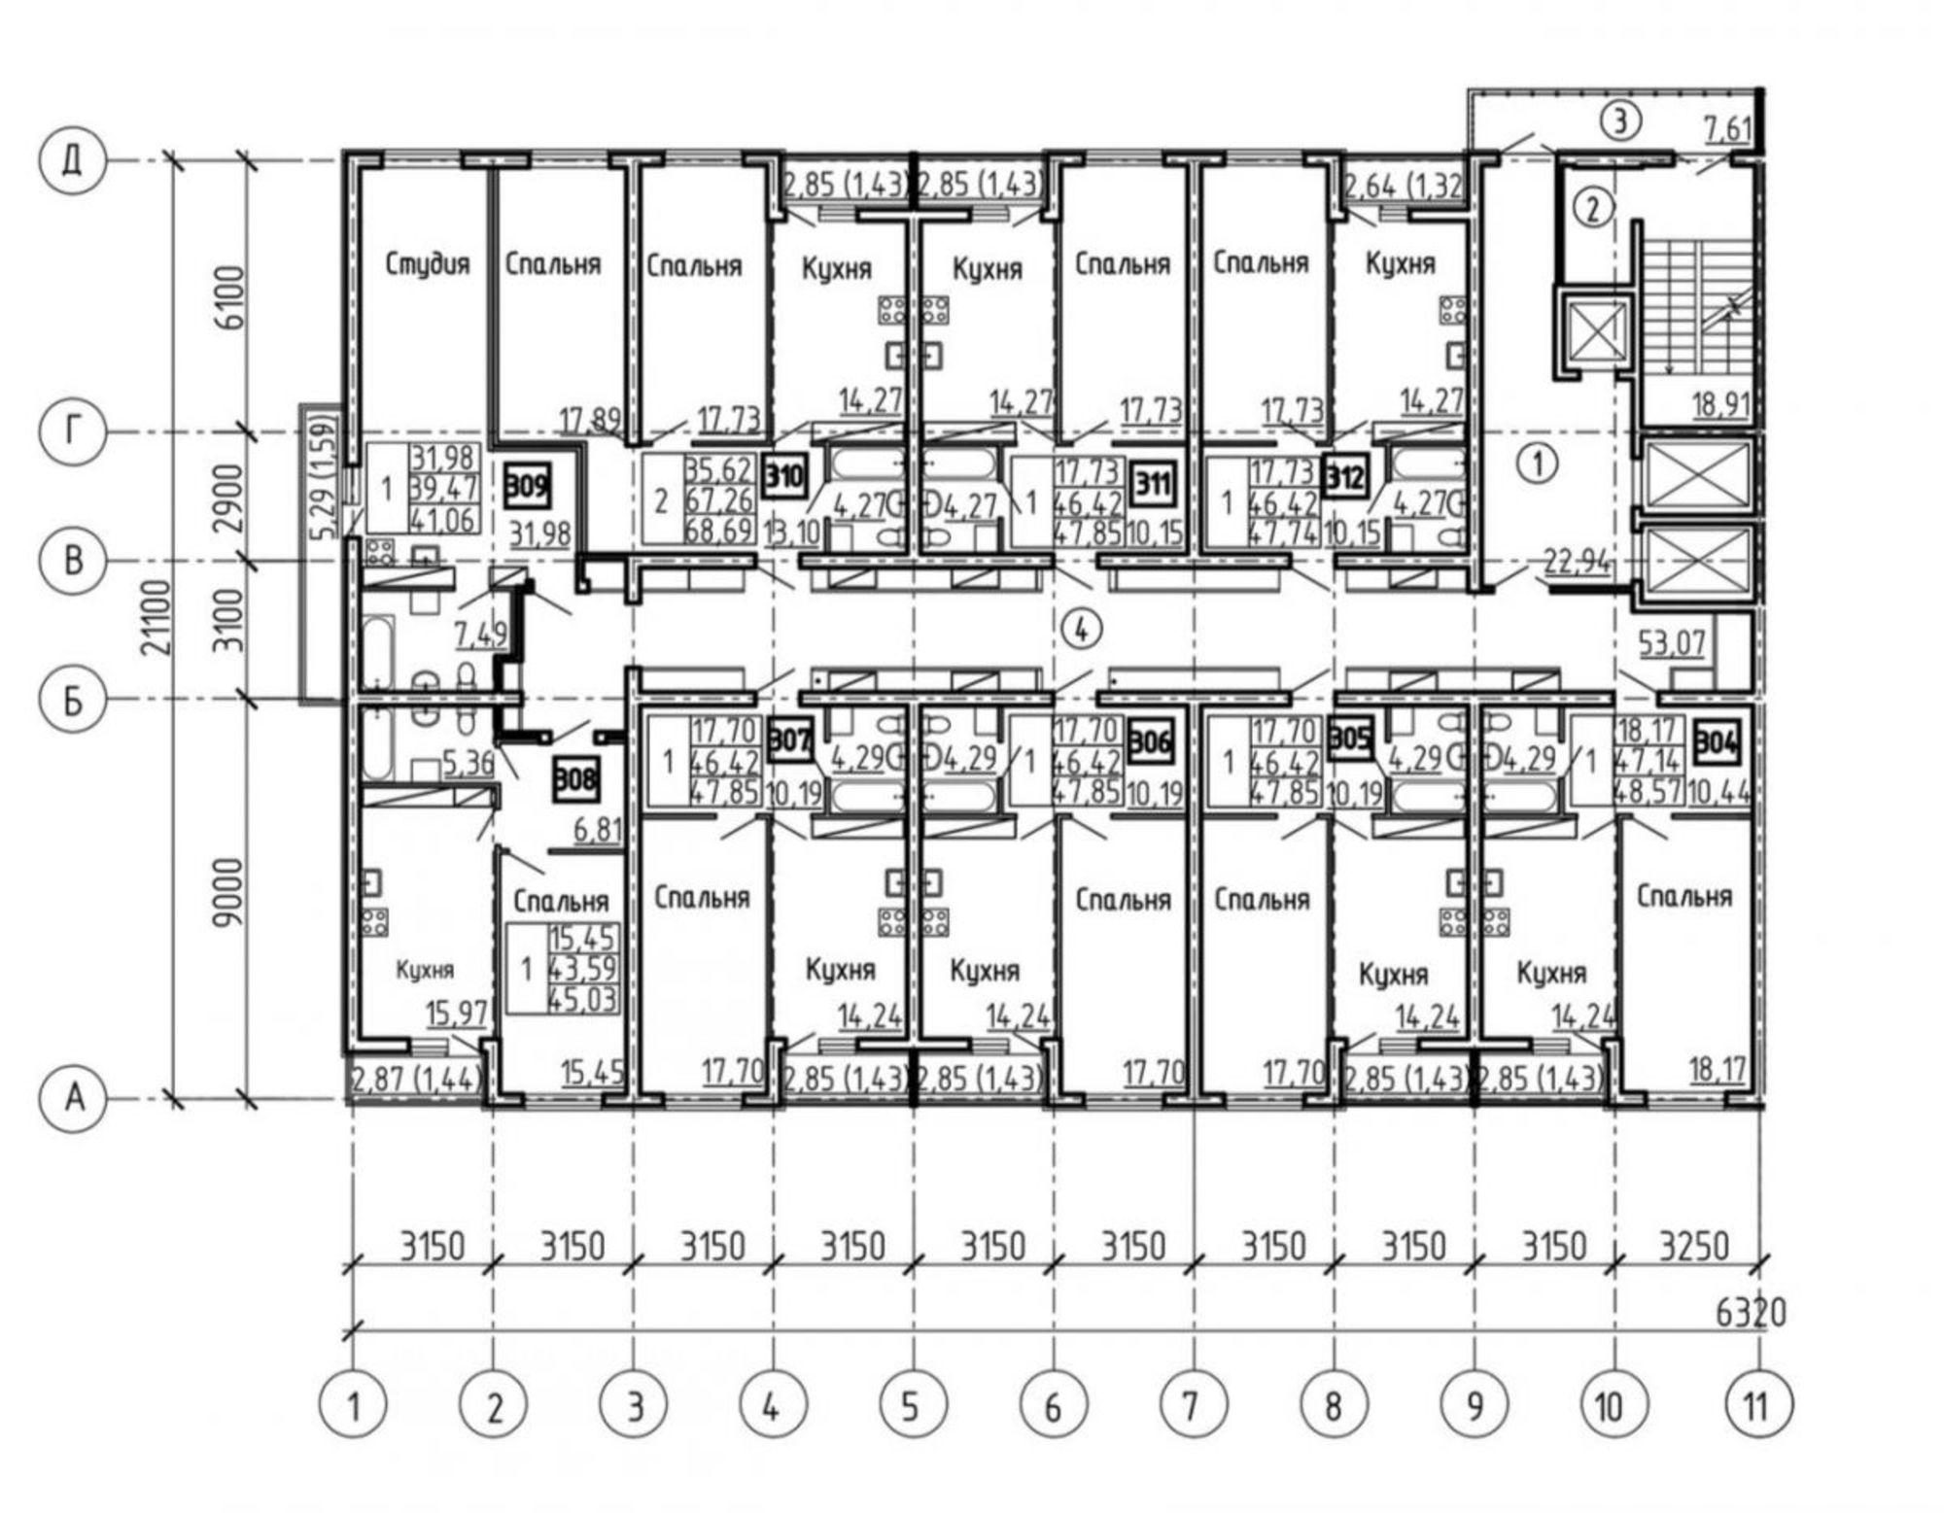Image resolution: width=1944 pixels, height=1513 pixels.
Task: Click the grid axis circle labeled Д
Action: [72, 161]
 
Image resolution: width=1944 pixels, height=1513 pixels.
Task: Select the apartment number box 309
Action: [528, 484]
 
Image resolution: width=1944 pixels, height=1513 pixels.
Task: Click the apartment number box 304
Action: [1717, 744]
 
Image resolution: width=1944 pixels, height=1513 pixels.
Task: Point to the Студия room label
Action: [428, 264]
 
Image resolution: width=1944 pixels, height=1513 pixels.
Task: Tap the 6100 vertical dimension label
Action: [231, 296]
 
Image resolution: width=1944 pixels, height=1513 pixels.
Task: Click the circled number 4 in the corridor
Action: [1082, 631]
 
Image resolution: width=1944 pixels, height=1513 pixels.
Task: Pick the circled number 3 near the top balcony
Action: [1620, 123]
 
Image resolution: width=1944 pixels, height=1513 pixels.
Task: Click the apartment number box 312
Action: [1346, 477]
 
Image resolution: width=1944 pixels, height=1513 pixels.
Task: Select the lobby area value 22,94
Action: [1576, 562]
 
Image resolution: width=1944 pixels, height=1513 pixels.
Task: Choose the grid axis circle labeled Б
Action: [72, 701]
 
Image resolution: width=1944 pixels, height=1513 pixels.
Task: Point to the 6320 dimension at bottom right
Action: [1749, 1313]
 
